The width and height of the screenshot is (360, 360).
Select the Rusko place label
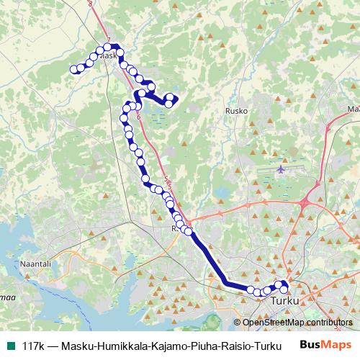point(237,111)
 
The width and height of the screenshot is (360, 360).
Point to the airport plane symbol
point(280,169)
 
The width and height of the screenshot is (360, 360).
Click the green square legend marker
point(9,345)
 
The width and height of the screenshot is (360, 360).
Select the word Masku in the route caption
point(79,345)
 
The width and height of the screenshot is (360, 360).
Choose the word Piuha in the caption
point(202,345)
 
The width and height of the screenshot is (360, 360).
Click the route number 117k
point(32,345)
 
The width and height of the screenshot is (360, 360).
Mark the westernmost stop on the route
point(73,69)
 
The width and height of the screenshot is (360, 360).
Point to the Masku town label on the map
point(107,55)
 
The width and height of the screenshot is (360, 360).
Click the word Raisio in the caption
point(233,345)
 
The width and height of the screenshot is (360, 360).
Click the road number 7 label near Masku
point(107,40)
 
